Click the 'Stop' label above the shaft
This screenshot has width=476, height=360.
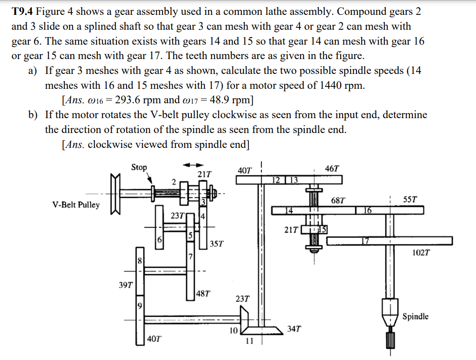[139, 167]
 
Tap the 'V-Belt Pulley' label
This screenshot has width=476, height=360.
[76, 205]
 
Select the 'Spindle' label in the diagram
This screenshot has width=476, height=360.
[415, 317]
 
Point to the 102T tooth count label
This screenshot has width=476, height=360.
[421, 253]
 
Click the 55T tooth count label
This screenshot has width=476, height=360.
[410, 200]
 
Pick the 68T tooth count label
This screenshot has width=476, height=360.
[338, 201]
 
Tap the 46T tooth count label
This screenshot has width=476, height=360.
[332, 168]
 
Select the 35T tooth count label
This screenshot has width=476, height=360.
[217, 243]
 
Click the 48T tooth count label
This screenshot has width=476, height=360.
[203, 293]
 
